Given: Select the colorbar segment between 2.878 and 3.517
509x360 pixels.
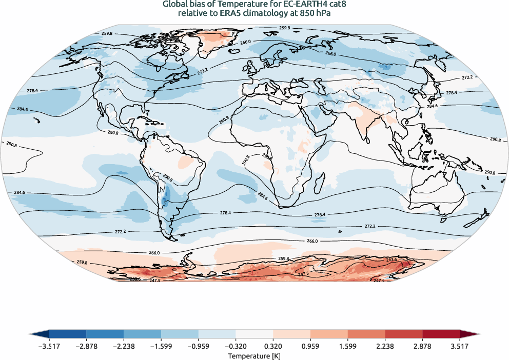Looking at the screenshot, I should click(x=441, y=334).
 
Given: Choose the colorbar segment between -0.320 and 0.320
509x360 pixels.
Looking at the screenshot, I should click(x=254, y=334).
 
